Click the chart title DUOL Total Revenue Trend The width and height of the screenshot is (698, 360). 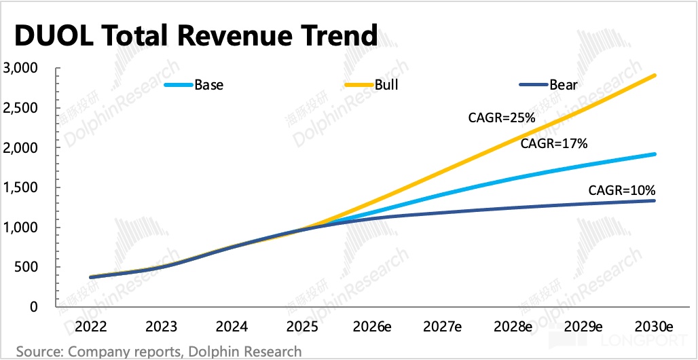[x=196, y=35]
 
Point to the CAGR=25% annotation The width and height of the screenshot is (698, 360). [x=502, y=118]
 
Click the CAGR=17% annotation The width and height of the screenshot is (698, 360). [x=553, y=144]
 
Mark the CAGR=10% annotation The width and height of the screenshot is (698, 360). [x=621, y=190]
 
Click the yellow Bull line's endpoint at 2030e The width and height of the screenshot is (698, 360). [x=655, y=75]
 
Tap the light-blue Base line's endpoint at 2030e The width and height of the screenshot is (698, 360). [x=655, y=154]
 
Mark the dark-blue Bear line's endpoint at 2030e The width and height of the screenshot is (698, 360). [x=655, y=200]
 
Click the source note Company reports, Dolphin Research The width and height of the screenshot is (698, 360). [x=159, y=352]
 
